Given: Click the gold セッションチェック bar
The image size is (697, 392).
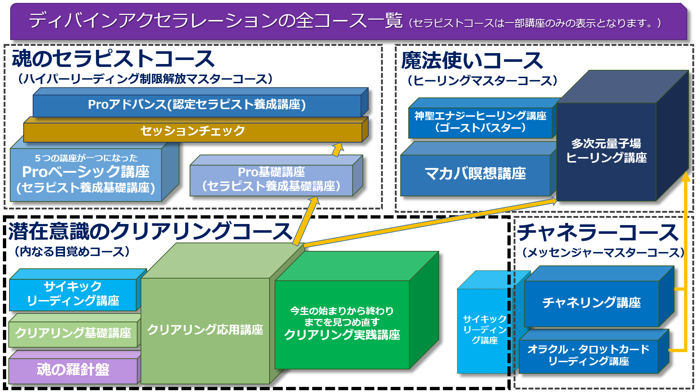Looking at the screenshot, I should coord(193,131).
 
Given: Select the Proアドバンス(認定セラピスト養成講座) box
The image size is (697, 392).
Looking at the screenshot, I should coord(196,105).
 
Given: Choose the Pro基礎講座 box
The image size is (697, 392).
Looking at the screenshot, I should coord(271,179).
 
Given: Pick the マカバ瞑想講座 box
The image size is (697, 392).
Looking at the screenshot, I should coord(475,174).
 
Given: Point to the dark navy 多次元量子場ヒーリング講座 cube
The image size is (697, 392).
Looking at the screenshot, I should coord(606,151).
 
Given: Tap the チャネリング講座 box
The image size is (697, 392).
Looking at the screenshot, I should coord(591,303).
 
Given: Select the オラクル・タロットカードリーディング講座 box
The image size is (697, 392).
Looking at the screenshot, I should coord(588,355).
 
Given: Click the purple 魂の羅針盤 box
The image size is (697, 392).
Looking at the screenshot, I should coord(73,370).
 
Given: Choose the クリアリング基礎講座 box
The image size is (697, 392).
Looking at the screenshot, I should coord(73,333).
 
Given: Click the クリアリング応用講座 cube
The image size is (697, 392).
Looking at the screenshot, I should coord(205,330).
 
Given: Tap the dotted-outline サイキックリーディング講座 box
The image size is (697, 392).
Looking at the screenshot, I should coord(484,330).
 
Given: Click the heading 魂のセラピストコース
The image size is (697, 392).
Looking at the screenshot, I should coord(113,59).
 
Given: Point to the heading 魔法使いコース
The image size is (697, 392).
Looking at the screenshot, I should coord(472,61).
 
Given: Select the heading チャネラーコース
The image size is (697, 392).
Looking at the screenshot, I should coord(598,233).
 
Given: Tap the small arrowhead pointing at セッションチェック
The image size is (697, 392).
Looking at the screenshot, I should coord(338,148).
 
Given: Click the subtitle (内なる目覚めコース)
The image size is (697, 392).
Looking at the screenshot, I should coord(72,252).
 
